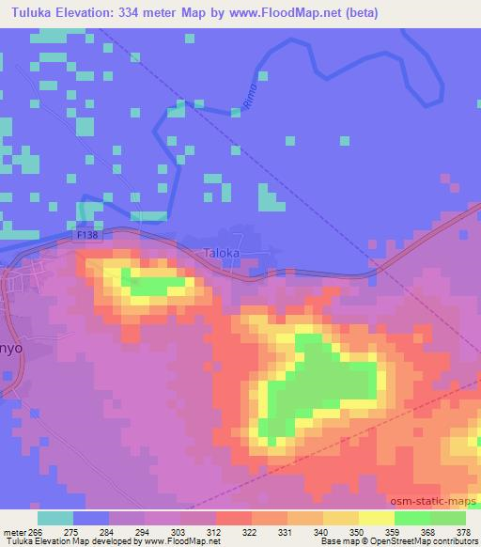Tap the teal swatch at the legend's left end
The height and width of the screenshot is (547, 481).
55,517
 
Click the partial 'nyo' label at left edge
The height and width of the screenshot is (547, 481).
10,345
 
